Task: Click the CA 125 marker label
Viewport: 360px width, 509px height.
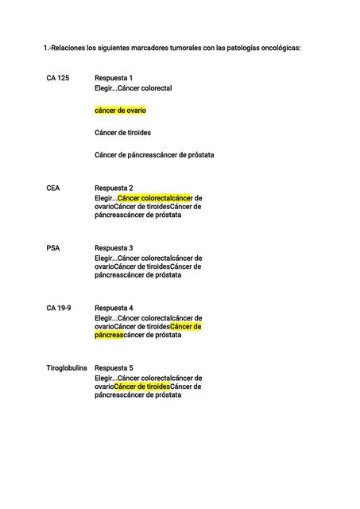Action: click(57, 77)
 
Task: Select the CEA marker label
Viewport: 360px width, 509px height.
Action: click(54, 188)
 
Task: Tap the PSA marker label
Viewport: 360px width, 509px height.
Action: click(53, 248)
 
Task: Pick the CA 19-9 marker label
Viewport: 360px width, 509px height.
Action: click(59, 308)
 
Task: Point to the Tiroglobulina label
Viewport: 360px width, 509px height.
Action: click(67, 368)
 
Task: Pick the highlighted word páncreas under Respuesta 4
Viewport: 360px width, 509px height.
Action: click(110, 335)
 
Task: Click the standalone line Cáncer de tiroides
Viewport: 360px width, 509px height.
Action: click(122, 133)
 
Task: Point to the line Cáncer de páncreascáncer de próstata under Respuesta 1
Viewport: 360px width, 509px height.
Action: click(154, 154)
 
